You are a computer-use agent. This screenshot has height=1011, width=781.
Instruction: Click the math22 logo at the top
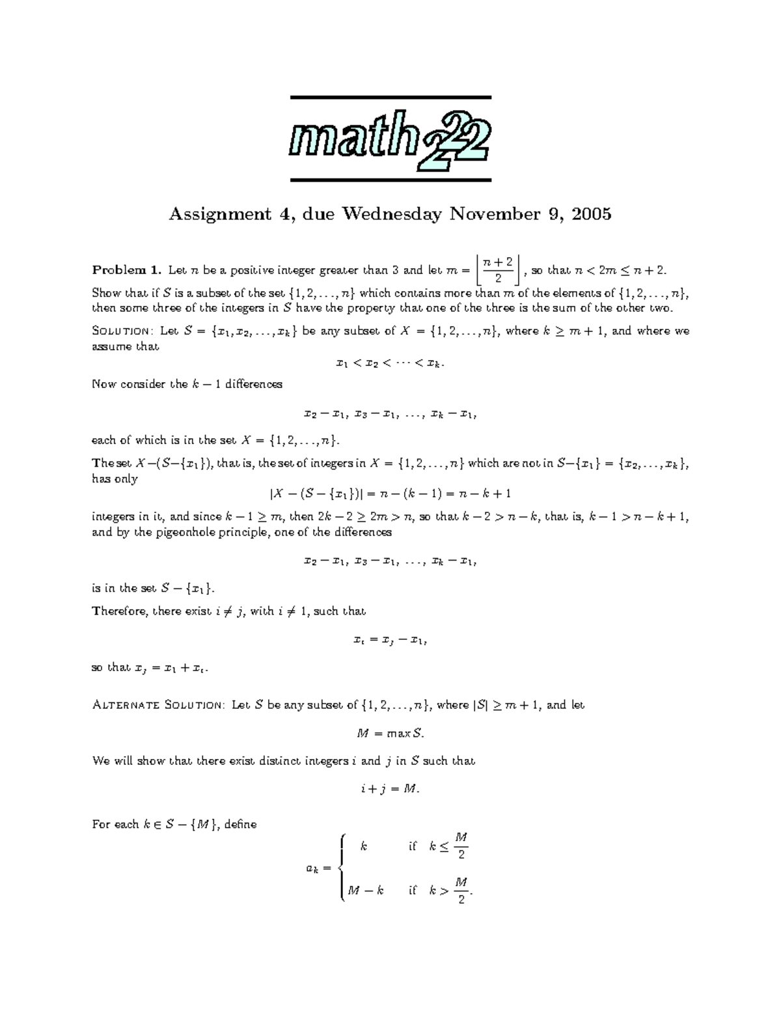(390, 139)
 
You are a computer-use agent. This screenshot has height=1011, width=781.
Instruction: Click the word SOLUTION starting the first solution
(122, 331)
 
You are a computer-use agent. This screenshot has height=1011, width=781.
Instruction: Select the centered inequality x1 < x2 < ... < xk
(390, 363)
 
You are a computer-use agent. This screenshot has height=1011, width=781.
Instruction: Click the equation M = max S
(390, 734)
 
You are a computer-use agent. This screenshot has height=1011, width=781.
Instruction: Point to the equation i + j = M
(390, 789)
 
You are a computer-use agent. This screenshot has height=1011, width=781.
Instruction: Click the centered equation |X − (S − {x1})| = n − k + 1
(390, 493)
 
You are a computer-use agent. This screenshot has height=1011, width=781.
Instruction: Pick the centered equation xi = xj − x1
(390, 640)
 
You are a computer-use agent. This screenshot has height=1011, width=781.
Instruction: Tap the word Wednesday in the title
(391, 214)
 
